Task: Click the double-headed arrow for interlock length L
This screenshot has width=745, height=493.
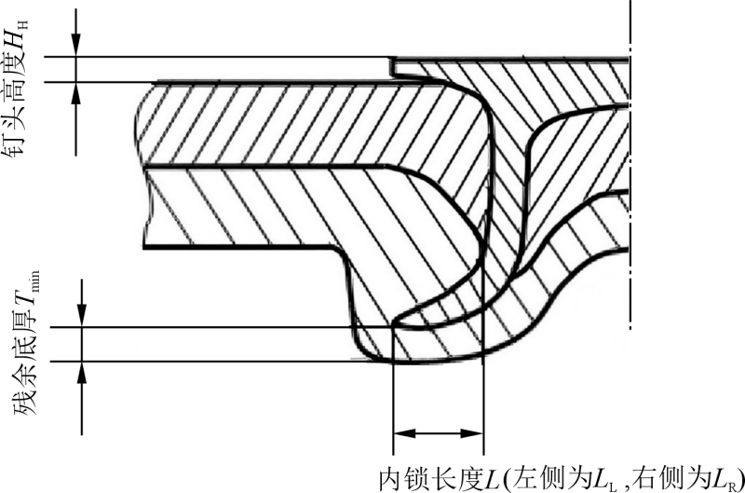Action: (x=439, y=432)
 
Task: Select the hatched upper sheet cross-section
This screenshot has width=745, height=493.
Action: (x=307, y=126)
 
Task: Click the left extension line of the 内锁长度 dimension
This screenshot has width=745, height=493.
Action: (x=395, y=401)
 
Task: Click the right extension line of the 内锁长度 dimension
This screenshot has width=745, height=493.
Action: (x=483, y=401)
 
